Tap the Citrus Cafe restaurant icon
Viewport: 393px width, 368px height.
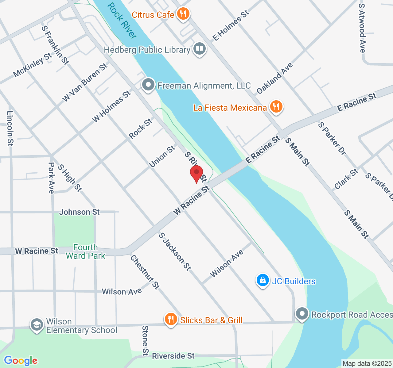pos(183,14)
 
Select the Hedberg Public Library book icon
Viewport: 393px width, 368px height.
pos(200,49)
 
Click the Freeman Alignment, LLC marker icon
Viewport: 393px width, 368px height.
pos(149,85)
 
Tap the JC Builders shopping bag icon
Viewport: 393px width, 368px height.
pos(263,280)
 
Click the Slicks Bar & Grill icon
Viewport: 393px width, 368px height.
pos(171,319)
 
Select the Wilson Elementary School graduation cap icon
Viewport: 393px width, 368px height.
pos(37,325)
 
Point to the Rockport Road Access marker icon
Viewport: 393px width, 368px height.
pos(302,314)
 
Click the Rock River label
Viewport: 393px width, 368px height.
pos(122,21)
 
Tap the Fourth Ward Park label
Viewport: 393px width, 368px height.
pos(85,251)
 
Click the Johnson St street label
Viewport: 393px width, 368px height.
pos(80,212)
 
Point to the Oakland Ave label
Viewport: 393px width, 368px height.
pos(275,78)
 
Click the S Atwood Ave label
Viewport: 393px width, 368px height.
pos(362,28)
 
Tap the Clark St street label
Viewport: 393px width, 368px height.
pos(346,179)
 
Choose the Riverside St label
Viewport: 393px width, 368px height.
pos(173,356)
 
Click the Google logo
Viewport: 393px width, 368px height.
pos(21,360)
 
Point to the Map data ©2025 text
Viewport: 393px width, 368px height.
pos(367,364)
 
